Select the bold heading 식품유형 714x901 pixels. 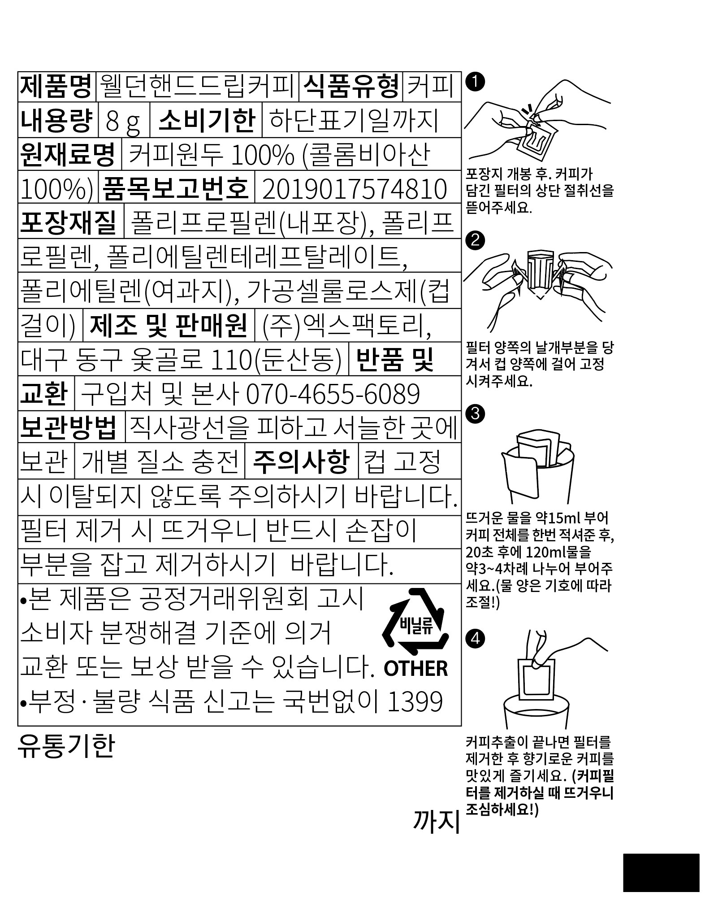pos(351,87)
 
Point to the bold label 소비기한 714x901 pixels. pos(207,121)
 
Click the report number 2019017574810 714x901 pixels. pos(355,189)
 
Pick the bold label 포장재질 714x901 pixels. pos(69,222)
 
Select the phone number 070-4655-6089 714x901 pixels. pos(333,394)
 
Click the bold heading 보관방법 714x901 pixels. pos(69,427)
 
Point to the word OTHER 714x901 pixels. pos(415,669)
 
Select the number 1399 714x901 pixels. pos(415,702)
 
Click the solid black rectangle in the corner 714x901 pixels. pos(661,872)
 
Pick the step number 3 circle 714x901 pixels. pos(476,414)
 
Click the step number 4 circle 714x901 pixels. pos(476,637)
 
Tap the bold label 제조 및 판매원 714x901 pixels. pos(169,325)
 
